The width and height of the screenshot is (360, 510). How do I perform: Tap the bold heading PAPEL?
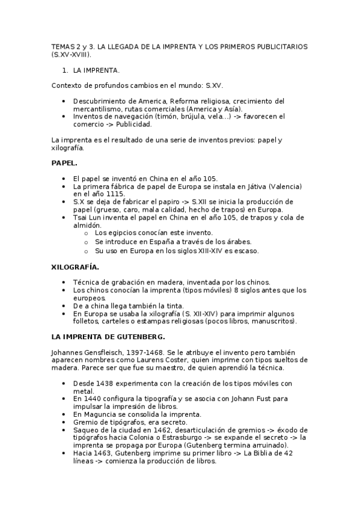64,163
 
